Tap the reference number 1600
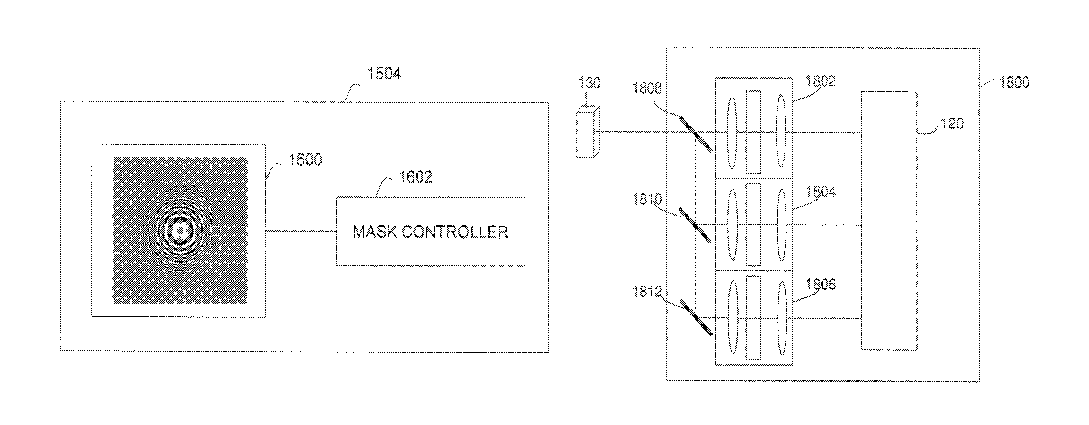tap(305, 160)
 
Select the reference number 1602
tap(416, 177)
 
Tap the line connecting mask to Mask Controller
tap(301, 231)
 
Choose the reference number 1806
tap(821, 284)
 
